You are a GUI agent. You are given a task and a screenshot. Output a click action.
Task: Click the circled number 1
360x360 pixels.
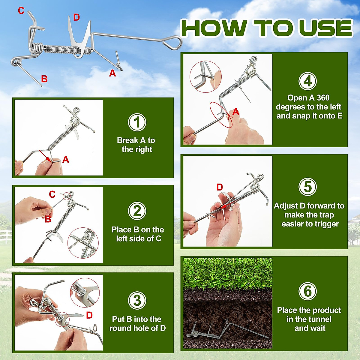pos(137,122)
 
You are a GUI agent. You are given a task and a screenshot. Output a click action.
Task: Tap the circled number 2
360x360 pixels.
pos(137,211)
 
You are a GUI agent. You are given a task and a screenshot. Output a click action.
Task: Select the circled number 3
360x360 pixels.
pos(137,300)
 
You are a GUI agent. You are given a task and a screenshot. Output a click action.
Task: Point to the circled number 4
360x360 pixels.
pos(307,81)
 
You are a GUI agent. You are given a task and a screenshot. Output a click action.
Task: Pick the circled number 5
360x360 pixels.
pos(307,187)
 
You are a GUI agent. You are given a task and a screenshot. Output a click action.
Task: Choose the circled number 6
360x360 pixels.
pos(307,291)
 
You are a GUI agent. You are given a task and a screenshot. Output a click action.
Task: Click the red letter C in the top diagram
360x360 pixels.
pos(21,10)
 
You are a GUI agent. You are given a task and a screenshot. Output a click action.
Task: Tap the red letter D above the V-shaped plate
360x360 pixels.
pos(76,17)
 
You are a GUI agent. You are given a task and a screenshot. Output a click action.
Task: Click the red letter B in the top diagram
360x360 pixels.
pos(44,79)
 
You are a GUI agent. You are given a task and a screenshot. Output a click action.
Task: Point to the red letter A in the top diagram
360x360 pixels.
pos(112,73)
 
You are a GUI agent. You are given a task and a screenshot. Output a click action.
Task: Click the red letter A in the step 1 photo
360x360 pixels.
pos(66,160)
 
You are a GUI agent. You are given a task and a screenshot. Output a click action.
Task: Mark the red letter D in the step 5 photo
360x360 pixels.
pos(220,187)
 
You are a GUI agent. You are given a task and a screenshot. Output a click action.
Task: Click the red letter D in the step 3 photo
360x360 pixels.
pos(89,315)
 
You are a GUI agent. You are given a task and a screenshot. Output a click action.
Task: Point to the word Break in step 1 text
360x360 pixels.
pos(127,140)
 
